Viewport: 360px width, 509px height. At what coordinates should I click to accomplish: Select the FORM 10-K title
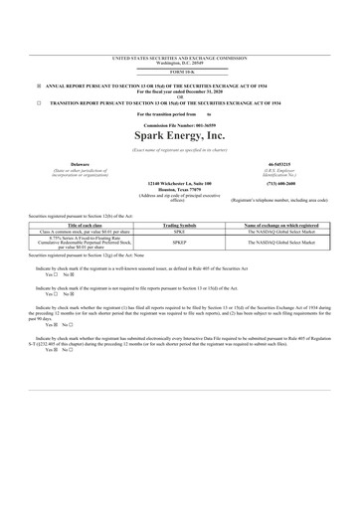pos(180,73)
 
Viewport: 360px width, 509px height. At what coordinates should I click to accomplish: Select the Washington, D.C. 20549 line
pos(180,64)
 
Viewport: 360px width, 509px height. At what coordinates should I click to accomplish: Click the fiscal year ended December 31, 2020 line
pos(180,91)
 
